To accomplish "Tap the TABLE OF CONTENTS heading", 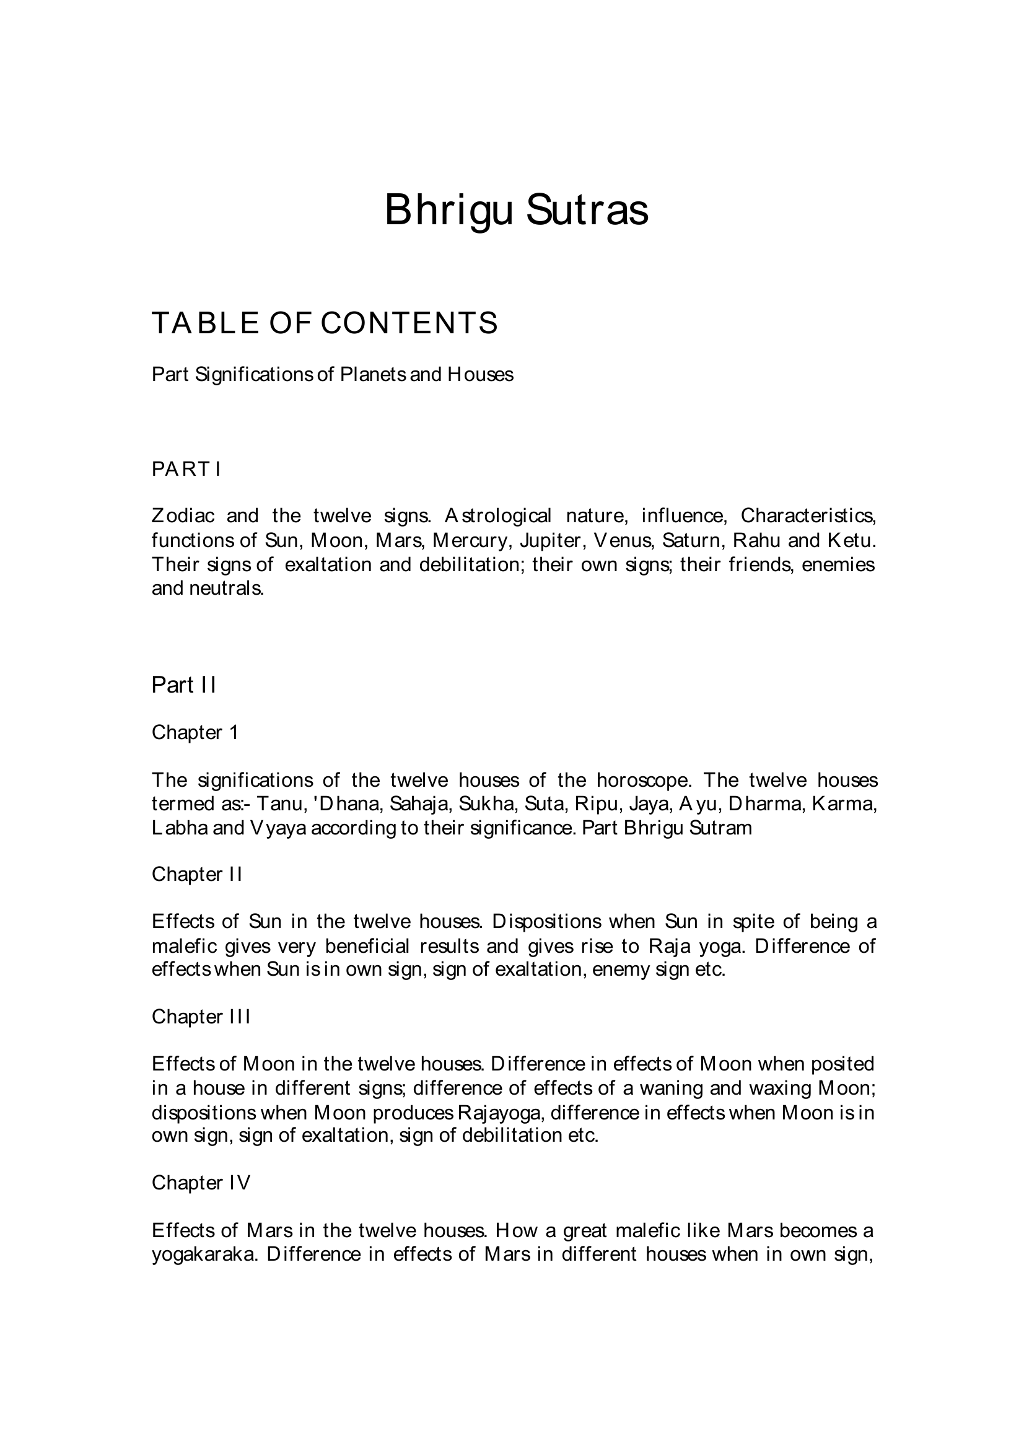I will pyautogui.click(x=325, y=323).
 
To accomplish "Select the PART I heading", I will pyautogui.click(x=186, y=469).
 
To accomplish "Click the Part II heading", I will pyautogui.click(x=183, y=685).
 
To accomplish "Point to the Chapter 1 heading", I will pyautogui.click(x=195, y=732).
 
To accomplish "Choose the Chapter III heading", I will pyautogui.click(x=201, y=1017).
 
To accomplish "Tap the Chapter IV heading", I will pyautogui.click(x=201, y=1183).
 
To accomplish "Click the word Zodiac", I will pyautogui.click(x=183, y=515).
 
